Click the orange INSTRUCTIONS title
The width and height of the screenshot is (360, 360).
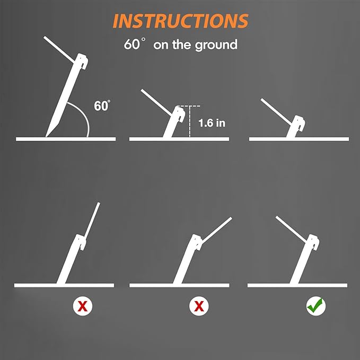(x=180, y=21)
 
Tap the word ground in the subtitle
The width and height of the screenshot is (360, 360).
(x=216, y=45)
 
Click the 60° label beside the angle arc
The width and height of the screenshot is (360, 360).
(x=102, y=106)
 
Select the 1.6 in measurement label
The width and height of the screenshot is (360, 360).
(x=212, y=123)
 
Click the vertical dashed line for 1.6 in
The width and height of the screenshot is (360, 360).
(x=189, y=121)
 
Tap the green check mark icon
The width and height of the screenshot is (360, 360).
(x=316, y=306)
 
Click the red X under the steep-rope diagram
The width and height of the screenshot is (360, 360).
(x=83, y=306)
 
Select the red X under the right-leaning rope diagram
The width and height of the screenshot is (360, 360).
(x=199, y=306)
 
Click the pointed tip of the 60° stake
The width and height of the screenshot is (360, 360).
(x=46, y=136)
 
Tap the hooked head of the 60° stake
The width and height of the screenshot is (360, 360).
(x=82, y=60)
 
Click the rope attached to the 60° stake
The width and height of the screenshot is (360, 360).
(x=59, y=49)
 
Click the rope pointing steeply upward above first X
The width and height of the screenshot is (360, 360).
(x=92, y=221)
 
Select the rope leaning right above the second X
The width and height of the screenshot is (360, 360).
(x=217, y=231)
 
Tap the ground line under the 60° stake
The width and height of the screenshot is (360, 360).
(x=66, y=139)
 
